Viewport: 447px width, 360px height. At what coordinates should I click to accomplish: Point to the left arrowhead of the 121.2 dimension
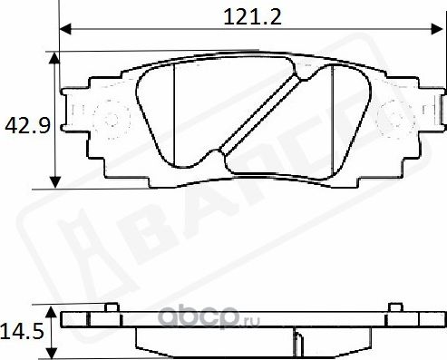(x=64, y=27)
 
